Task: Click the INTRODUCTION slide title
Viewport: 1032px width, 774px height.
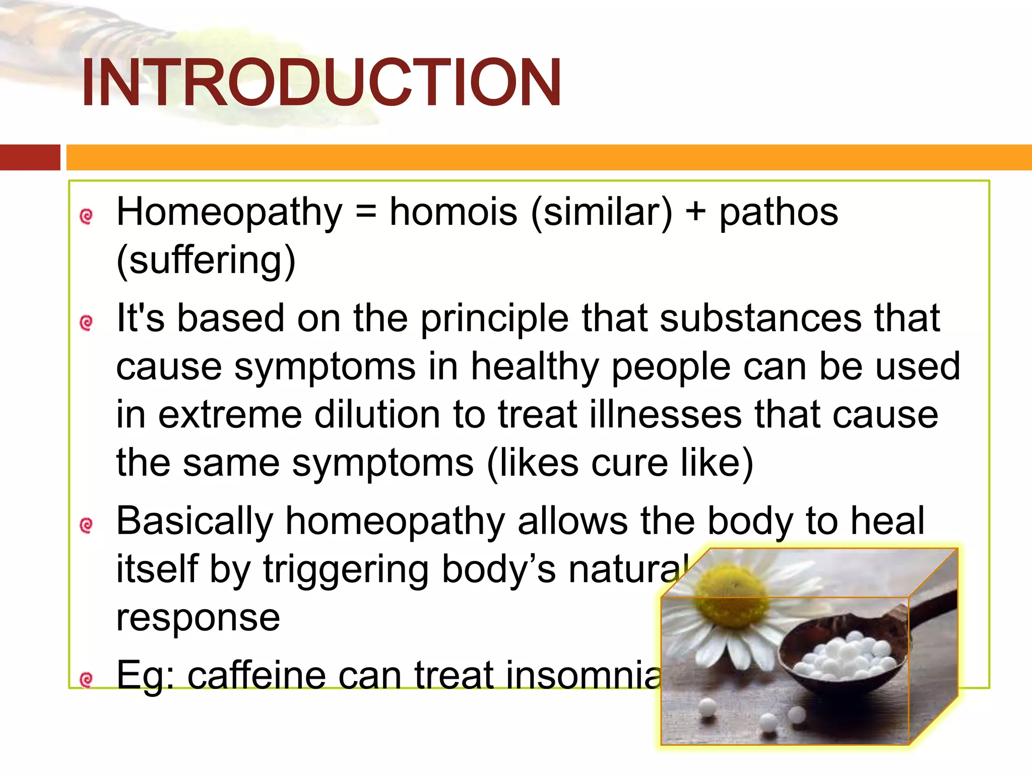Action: point(320,83)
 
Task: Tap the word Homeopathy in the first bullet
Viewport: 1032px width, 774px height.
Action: point(229,213)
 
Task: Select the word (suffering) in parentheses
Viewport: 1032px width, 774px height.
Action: point(206,261)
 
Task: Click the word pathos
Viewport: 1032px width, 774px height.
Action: point(778,213)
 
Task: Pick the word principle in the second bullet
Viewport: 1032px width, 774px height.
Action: point(494,319)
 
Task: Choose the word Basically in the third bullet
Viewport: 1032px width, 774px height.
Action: point(195,522)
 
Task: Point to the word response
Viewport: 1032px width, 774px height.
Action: point(198,618)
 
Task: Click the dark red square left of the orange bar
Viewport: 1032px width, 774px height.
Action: point(30,157)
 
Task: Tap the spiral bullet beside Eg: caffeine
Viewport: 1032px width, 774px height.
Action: point(87,680)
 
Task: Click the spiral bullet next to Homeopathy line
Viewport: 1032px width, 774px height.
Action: point(87,216)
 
